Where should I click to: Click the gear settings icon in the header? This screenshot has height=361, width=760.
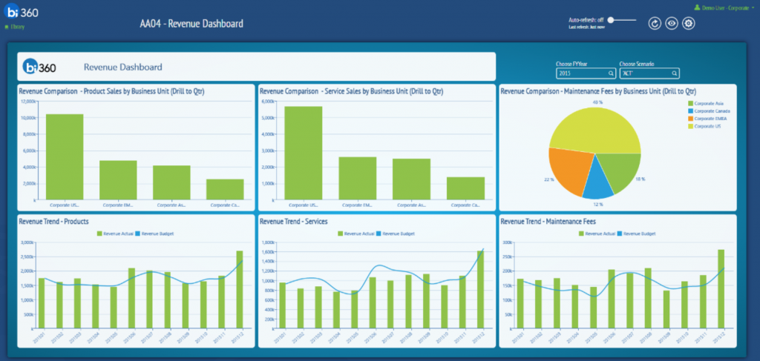pyautogui.click(x=689, y=24)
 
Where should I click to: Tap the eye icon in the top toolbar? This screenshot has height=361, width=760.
pyautogui.click(x=671, y=24)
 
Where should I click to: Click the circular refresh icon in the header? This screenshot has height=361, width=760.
pyautogui.click(x=654, y=24)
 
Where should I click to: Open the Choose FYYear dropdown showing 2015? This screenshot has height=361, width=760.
pyautogui.click(x=586, y=73)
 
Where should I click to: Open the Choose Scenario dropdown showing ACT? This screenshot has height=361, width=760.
pyautogui.click(x=649, y=73)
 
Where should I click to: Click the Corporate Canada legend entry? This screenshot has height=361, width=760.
pyautogui.click(x=710, y=111)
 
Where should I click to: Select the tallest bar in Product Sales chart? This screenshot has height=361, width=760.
pyautogui.click(x=65, y=156)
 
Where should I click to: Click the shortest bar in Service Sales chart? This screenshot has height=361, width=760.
pyautogui.click(x=465, y=188)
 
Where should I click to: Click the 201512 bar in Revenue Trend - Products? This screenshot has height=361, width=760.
pyautogui.click(x=239, y=289)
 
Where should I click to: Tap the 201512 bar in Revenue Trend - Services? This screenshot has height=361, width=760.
pyautogui.click(x=479, y=289)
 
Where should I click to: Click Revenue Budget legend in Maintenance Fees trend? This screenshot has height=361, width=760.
pyautogui.click(x=640, y=234)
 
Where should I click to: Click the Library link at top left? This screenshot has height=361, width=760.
pyautogui.click(x=17, y=27)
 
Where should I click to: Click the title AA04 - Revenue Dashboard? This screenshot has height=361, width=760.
pyautogui.click(x=191, y=24)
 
